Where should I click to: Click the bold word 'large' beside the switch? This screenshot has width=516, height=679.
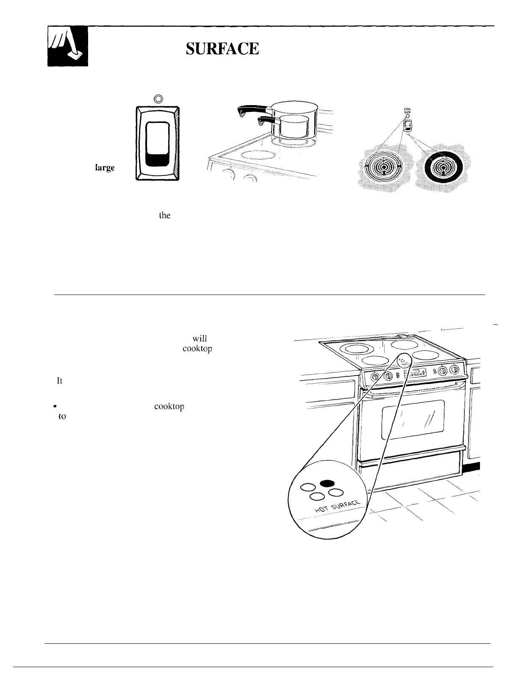tap(105, 167)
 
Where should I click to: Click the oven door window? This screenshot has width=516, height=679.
tap(413, 420)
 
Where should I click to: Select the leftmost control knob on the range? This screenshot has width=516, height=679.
tap(376, 376)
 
